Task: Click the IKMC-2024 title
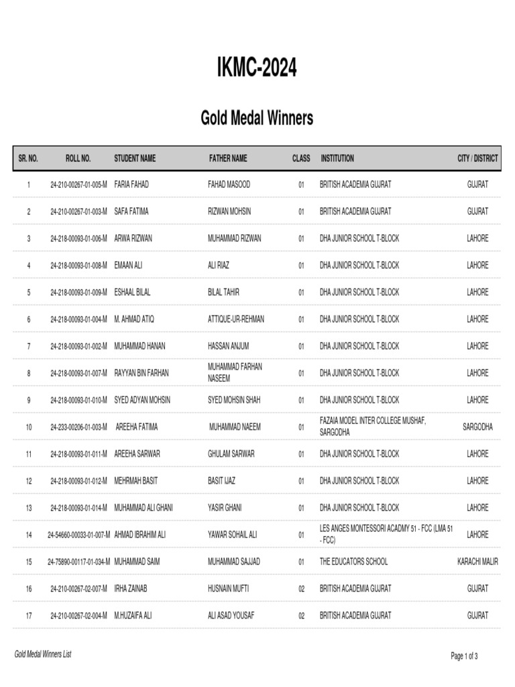(x=257, y=68)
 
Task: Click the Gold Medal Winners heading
(x=257, y=119)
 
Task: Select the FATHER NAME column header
(x=228, y=158)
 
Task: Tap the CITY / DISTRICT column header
(x=477, y=158)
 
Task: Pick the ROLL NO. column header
(x=78, y=158)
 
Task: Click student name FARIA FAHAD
(x=132, y=184)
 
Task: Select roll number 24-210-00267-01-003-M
(x=78, y=211)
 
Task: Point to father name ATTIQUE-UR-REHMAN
(x=236, y=319)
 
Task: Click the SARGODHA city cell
(x=477, y=427)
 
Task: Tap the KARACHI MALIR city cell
(x=477, y=562)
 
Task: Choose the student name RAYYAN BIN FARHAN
(x=141, y=373)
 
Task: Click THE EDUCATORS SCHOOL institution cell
(x=353, y=562)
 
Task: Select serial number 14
(x=29, y=535)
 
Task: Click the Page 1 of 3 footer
(x=464, y=656)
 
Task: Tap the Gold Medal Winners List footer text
(x=43, y=654)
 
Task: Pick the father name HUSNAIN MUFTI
(x=229, y=588)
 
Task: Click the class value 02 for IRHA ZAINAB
(x=301, y=588)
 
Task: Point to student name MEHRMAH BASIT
(x=136, y=481)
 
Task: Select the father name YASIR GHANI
(x=225, y=508)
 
